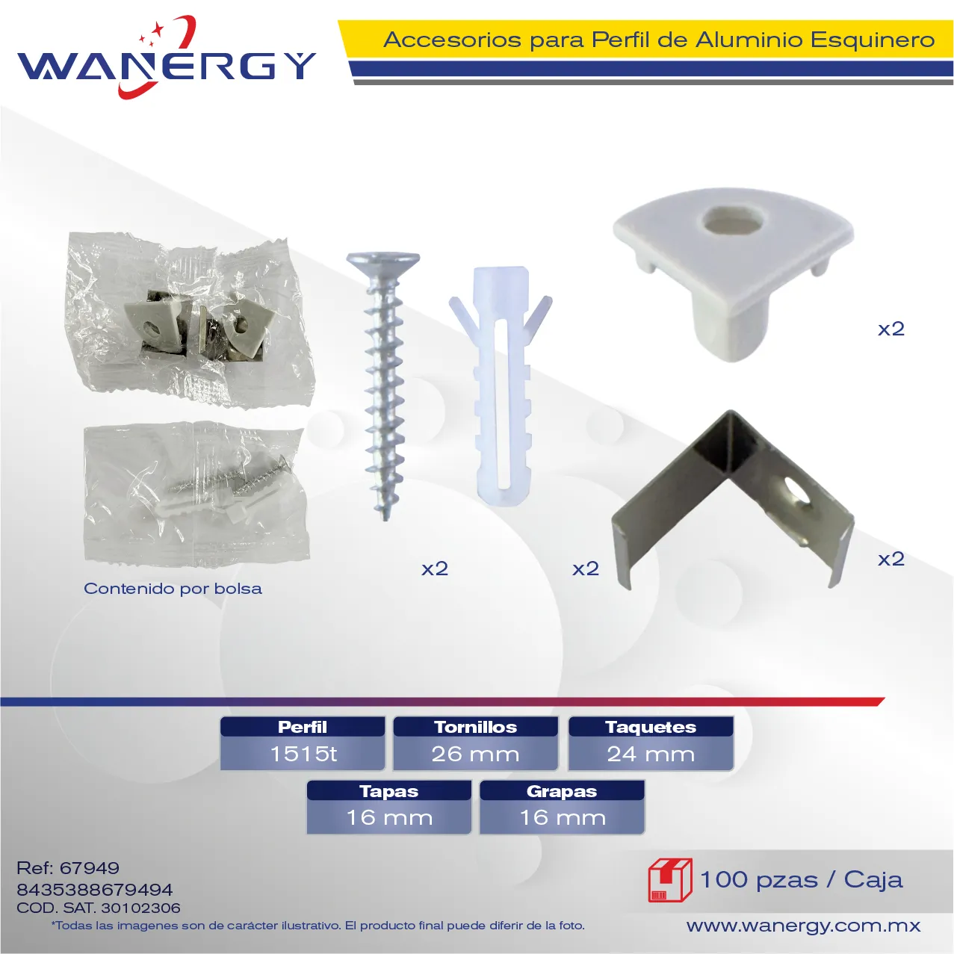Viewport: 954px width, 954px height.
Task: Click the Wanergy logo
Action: pos(167,58)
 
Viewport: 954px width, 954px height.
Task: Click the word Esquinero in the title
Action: pos(873,40)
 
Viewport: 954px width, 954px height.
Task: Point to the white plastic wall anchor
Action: pos(501,386)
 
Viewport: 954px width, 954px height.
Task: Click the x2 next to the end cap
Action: pos(891,329)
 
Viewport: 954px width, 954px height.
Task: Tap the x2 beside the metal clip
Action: pos(891,560)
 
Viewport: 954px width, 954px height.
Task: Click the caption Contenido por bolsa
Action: pos(173,589)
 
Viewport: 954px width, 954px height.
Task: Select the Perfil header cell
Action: pos(303,727)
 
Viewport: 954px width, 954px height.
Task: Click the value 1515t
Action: pos(303,754)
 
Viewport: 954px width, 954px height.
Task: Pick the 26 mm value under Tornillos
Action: pos(475,754)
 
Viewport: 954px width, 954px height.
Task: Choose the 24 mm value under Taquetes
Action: pos(651,754)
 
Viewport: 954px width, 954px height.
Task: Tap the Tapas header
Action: pos(389,791)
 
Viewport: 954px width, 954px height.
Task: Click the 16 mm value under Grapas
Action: pos(563,818)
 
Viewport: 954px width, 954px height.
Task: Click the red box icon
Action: pos(670,880)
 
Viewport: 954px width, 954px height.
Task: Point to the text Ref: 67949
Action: pos(68,868)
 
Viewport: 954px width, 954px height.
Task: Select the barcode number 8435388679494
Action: pos(95,890)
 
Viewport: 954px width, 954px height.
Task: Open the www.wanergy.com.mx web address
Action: pos(803,926)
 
